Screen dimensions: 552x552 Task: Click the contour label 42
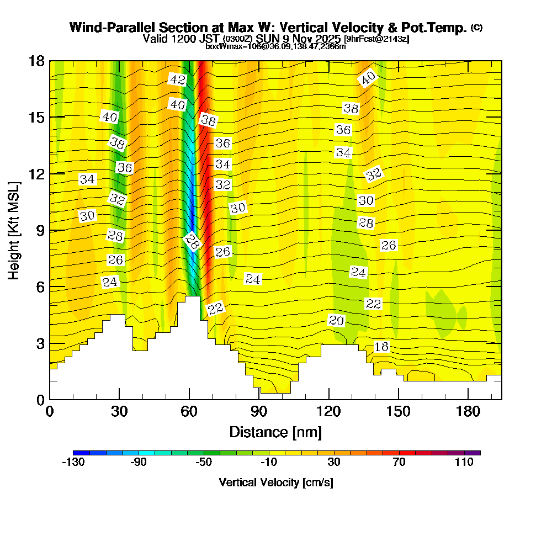(x=177, y=79)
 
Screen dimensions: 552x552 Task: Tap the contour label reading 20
(x=336, y=320)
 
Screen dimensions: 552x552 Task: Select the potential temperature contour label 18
(x=381, y=347)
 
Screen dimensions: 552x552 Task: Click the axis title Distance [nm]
(x=275, y=432)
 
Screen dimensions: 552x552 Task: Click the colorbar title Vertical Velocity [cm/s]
(x=276, y=482)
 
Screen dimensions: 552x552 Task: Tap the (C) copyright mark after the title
(x=476, y=28)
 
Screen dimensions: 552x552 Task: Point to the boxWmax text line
(x=275, y=46)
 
